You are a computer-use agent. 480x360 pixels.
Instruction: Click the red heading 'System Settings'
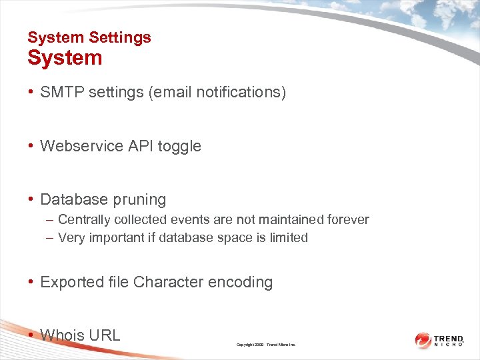coord(89,37)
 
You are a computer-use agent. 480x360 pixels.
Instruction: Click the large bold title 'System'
coord(65,58)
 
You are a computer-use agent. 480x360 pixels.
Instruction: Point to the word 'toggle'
coord(179,146)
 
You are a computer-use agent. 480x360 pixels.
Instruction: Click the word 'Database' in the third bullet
coord(71,199)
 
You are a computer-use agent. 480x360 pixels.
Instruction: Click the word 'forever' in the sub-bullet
coord(347,219)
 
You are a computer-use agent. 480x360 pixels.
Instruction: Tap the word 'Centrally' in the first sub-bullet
coord(84,219)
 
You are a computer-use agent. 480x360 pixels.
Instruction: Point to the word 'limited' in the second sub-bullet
coord(289,237)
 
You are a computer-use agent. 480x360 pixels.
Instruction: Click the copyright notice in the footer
coord(266,345)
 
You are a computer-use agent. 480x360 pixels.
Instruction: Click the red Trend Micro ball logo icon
coord(423,341)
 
